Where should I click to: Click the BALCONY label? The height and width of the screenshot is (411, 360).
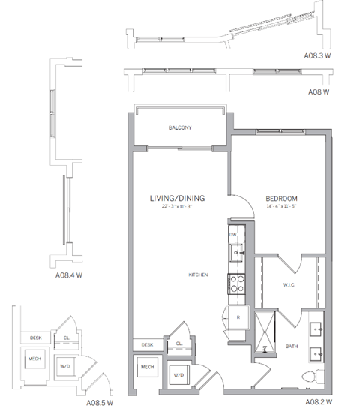pyautogui.click(x=180, y=128)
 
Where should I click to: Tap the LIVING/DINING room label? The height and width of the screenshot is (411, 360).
pyautogui.click(x=178, y=199)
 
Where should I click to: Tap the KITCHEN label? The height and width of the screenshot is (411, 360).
pyautogui.click(x=198, y=275)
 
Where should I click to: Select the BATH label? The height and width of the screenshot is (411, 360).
pyautogui.click(x=292, y=346)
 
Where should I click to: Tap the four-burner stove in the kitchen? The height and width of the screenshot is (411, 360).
pyautogui.click(x=238, y=284)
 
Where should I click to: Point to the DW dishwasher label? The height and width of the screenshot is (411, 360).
pyautogui.click(x=232, y=235)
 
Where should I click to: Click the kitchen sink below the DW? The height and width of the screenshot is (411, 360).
pyautogui.click(x=236, y=253)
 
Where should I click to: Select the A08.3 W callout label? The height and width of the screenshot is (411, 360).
pyautogui.click(x=319, y=55)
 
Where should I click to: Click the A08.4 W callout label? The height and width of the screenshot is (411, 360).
pyautogui.click(x=69, y=274)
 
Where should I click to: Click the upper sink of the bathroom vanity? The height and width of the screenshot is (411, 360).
pyautogui.click(x=316, y=328)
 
